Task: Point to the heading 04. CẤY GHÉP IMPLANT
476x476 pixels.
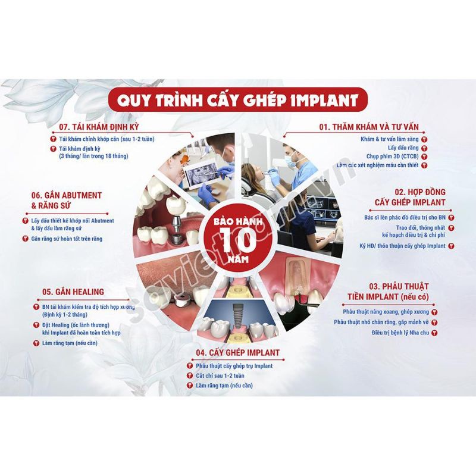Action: (x=237, y=353)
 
